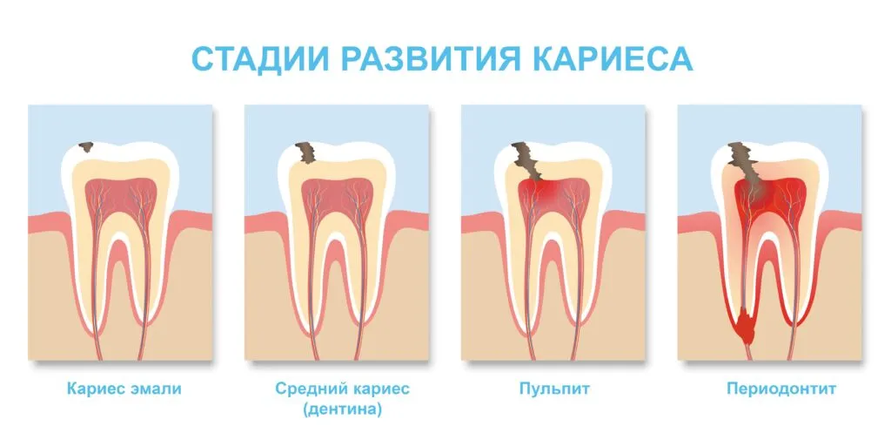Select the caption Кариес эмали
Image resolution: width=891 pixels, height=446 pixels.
click(124, 389)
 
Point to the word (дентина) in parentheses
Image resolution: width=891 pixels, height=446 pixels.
click(342, 409)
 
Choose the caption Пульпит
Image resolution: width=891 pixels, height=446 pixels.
click(554, 389)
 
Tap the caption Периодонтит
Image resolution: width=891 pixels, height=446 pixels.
click(781, 389)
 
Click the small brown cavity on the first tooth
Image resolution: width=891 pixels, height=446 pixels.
click(86, 146)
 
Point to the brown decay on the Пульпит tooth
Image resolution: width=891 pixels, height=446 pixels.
click(526, 160)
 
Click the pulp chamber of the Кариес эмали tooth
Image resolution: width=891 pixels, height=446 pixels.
click(120, 196)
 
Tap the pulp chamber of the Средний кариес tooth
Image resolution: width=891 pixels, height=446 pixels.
click(337, 196)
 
